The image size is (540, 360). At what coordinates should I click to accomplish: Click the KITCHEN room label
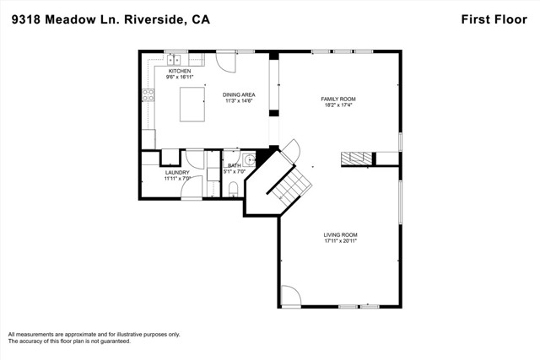[x=180, y=71]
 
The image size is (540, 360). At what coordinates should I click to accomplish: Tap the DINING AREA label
[x=239, y=94]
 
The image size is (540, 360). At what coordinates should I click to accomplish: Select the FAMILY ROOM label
[x=338, y=99]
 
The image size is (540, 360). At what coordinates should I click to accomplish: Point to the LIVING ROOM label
[x=340, y=235]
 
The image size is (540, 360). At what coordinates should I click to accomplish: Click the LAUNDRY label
[x=177, y=173]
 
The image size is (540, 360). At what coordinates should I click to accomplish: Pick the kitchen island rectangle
[x=192, y=105]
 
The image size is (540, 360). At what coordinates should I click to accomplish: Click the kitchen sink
[x=174, y=60]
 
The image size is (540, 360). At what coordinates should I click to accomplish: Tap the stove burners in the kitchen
[x=148, y=95]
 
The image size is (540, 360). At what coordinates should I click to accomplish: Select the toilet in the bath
[x=233, y=190]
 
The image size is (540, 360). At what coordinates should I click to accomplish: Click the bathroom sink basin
[x=250, y=160]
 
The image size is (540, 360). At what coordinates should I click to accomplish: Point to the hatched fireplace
[x=357, y=159]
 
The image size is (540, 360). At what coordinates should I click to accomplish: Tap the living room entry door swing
[x=291, y=295]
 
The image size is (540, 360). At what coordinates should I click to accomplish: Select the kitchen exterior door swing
[x=226, y=62]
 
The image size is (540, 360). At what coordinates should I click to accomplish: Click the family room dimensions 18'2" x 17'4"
[x=338, y=105]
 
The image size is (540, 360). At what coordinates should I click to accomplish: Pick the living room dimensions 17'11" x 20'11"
[x=340, y=241]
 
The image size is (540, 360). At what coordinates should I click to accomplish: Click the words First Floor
[x=494, y=19]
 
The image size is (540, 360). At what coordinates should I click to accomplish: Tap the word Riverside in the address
[x=154, y=19]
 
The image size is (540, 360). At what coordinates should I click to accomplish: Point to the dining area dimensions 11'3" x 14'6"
[x=239, y=101]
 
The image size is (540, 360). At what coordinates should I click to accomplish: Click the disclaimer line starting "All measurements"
[x=94, y=334]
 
